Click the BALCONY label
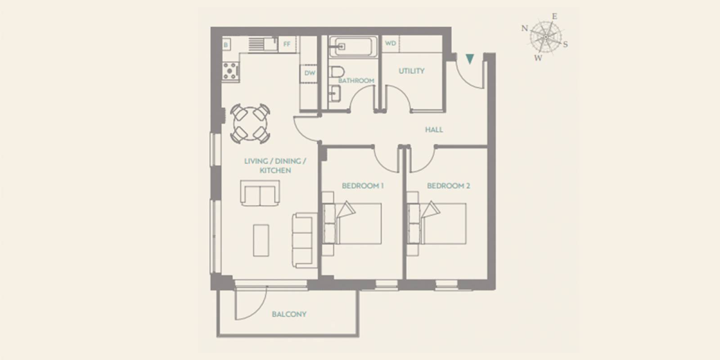[289, 314]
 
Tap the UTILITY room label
[411, 71]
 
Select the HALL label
[434, 130]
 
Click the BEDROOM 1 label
[363, 186]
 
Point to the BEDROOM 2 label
[448, 186]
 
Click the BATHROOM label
[356, 81]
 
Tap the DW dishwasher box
[310, 73]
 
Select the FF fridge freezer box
[287, 44]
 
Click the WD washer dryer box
[391, 43]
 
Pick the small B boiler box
[226, 45]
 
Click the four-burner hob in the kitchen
[230, 71]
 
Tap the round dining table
[250, 123]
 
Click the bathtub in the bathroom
[353, 47]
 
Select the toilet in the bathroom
[337, 72]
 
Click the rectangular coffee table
[261, 240]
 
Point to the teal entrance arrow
[470, 59]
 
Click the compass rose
[546, 37]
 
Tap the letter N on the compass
[525, 28]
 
